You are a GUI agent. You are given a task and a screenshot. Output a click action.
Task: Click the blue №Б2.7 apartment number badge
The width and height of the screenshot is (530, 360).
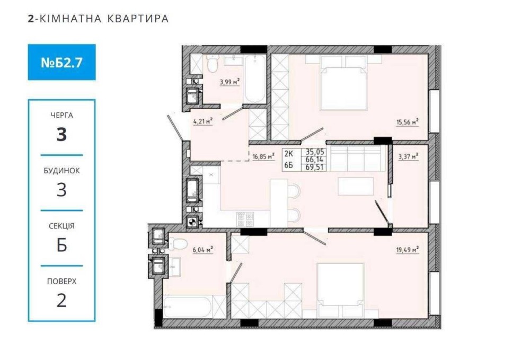point(61,62)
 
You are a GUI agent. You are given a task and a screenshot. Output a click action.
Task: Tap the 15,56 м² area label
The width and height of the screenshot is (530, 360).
point(407,122)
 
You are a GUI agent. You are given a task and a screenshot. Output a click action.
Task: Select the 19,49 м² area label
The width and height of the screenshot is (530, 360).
point(407,250)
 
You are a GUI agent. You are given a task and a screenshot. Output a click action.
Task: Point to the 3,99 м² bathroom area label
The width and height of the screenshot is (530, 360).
point(230,82)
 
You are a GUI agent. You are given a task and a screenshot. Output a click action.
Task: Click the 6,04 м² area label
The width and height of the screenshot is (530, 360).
point(203,250)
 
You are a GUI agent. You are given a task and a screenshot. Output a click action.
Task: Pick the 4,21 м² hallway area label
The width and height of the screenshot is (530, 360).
point(203,121)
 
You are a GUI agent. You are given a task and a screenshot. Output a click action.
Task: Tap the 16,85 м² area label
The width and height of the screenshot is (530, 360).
point(263,156)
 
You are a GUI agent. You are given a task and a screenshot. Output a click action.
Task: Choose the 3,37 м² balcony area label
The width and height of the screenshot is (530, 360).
point(408,156)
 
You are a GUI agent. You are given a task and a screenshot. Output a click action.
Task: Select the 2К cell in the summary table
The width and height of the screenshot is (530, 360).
point(289,154)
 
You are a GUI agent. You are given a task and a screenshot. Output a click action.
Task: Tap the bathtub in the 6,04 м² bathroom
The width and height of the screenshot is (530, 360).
point(188,307)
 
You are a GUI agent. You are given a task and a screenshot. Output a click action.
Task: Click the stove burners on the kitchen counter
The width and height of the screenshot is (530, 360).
point(245,219)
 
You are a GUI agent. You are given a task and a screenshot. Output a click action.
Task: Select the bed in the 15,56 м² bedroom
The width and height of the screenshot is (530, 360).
point(343,83)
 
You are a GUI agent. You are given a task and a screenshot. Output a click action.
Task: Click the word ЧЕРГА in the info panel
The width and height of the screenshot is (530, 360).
point(61,115)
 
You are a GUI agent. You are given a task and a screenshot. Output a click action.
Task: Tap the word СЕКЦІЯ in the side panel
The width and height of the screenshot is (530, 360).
point(61,226)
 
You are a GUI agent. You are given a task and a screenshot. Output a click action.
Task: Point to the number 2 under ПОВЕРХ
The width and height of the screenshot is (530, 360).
point(61,301)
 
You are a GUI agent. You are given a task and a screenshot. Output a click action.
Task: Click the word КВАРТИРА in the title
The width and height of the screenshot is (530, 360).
point(138,19)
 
